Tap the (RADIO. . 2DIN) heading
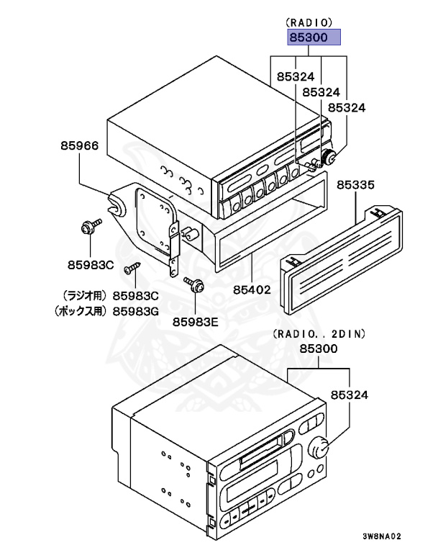click(x=319, y=333)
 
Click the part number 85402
click(x=251, y=291)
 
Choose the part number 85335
click(x=356, y=185)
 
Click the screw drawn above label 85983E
click(x=194, y=284)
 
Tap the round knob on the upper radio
click(x=329, y=158)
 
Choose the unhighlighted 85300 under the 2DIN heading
click(x=319, y=348)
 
